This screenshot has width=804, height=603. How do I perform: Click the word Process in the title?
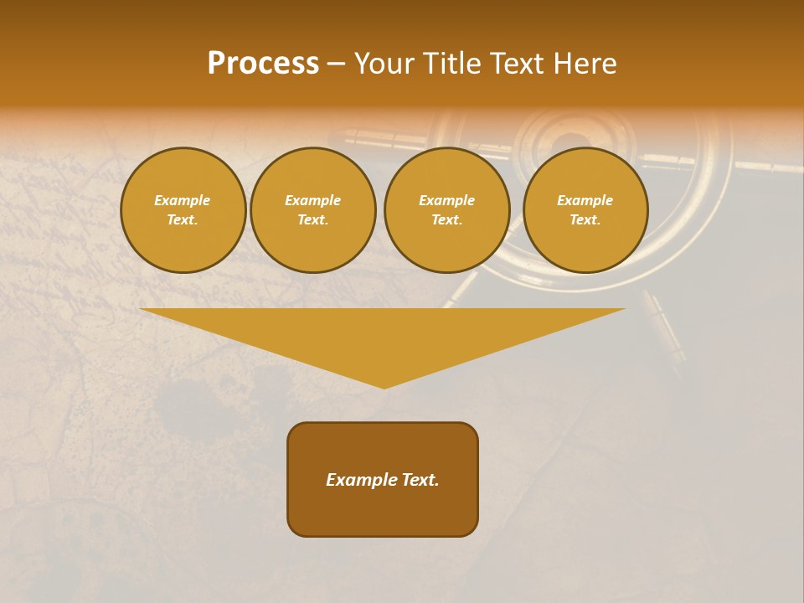click(263, 64)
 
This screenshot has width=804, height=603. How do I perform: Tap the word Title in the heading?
click(453, 64)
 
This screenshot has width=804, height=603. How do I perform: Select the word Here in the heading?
click(584, 64)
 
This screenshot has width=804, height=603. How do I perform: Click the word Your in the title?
click(386, 64)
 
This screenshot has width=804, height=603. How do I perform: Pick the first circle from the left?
click(183, 210)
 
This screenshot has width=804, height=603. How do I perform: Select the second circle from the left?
click(313, 210)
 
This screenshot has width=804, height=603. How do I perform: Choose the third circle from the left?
click(447, 210)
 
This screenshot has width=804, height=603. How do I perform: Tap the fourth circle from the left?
click(585, 210)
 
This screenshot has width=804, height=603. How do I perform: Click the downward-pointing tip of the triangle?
click(384, 386)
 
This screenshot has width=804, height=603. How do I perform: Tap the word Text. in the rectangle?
click(420, 480)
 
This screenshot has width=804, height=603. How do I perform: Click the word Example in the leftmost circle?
click(183, 201)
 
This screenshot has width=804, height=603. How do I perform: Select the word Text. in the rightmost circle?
click(585, 220)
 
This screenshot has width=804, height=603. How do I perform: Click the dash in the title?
click(336, 64)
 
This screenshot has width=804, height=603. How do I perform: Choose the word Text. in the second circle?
click(313, 220)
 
